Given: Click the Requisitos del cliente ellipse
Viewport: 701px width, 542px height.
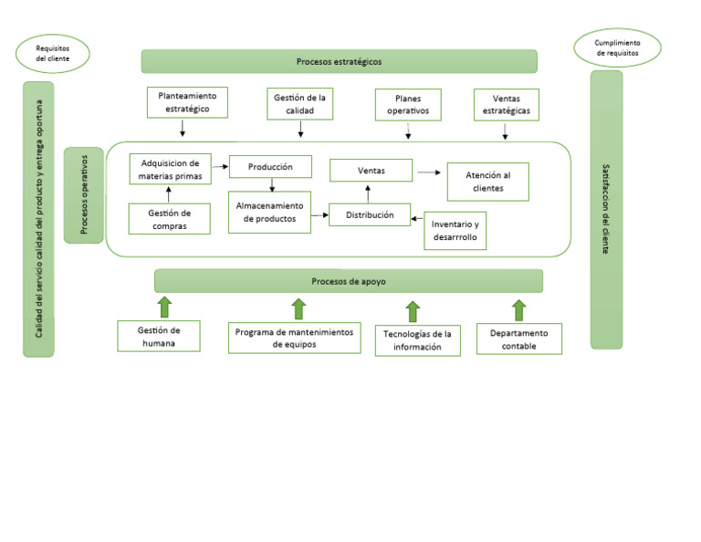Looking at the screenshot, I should pos(52,54).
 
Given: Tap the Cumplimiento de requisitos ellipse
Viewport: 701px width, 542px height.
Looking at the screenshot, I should pos(617,48).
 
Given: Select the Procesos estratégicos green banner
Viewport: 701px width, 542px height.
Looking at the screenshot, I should pos(339,61).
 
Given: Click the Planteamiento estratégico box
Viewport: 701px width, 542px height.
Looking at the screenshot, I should pos(187,102).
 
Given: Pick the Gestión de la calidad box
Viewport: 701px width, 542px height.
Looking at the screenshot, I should pos(299,104).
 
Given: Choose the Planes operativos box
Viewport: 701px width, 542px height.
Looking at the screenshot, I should pos(408,104).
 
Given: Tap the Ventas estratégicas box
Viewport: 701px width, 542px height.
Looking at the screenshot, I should pos(506,104).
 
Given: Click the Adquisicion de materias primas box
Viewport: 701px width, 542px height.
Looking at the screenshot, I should pos(170,169).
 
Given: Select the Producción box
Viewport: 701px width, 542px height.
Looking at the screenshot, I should pos(270,167).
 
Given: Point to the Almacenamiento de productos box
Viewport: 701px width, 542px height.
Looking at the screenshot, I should pos(269,212).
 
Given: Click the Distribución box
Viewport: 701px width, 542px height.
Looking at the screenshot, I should pos(370,215).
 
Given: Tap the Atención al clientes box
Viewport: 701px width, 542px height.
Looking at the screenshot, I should pos(487,182).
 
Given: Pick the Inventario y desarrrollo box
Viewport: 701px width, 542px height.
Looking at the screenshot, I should pos(455,230).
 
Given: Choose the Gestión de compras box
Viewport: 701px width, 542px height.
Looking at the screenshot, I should pos(169,219).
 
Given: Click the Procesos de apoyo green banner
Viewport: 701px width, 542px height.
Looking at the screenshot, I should pos(348,281).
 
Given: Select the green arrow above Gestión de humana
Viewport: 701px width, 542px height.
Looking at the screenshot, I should pos(164,307).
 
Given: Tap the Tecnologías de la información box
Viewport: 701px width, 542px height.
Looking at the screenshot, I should pos(417,340).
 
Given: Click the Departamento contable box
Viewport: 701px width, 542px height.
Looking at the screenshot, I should pos(518,339).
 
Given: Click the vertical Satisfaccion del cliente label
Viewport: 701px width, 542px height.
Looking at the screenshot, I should pos(606,210).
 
